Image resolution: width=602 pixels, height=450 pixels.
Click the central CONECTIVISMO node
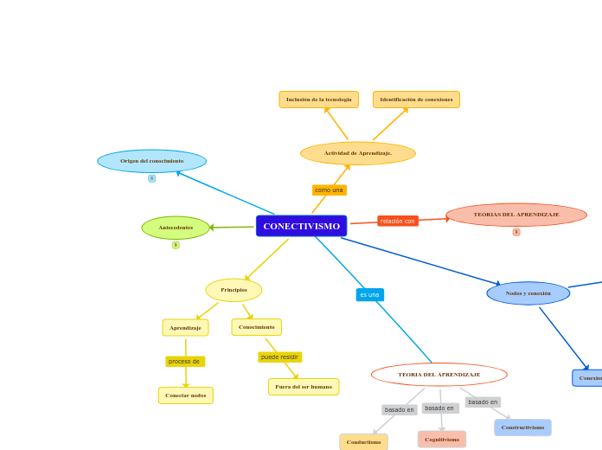click(x=301, y=226)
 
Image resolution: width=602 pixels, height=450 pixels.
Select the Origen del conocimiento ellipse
click(x=151, y=161)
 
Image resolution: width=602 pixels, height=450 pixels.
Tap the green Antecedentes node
click(x=176, y=228)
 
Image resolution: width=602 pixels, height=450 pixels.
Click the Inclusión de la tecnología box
click(x=318, y=100)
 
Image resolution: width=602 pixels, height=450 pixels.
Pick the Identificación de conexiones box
click(x=416, y=100)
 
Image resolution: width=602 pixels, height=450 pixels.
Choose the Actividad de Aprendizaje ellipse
click(x=357, y=153)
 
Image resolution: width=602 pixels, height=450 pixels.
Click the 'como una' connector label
click(x=329, y=190)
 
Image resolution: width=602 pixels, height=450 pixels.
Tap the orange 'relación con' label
click(x=398, y=221)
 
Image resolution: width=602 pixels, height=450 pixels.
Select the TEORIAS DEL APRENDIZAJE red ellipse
click(x=516, y=215)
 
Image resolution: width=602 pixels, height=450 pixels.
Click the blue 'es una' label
click(x=369, y=294)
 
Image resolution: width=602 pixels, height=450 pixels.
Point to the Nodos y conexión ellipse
click(x=528, y=293)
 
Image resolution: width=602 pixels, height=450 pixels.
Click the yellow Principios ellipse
click(x=234, y=290)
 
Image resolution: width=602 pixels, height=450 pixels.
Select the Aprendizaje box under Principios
click(x=185, y=328)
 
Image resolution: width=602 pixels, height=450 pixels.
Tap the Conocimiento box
click(x=256, y=327)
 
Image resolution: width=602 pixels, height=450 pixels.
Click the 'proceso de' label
click(x=184, y=361)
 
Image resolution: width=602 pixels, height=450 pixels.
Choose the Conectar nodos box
click(x=185, y=395)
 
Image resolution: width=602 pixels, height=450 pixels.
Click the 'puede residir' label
click(x=279, y=357)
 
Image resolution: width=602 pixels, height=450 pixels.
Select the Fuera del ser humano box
click(x=303, y=387)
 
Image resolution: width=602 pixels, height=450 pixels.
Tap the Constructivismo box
click(x=522, y=427)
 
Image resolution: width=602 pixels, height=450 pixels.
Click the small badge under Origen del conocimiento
click(x=151, y=178)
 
